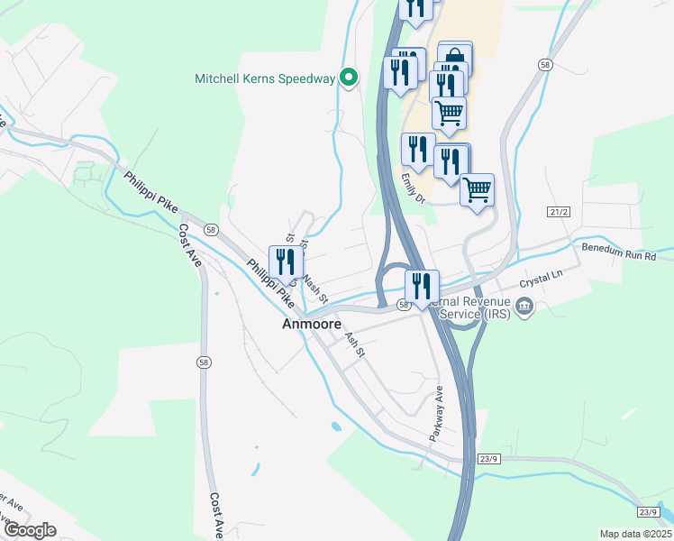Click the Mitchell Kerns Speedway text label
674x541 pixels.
[x=264, y=78]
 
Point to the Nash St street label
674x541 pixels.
[x=314, y=287]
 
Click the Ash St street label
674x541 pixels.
[x=354, y=344]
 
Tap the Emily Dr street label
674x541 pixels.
[x=412, y=188]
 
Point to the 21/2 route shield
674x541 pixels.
[x=559, y=212]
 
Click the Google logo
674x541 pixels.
[x=30, y=530]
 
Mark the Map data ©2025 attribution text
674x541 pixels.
[x=635, y=534]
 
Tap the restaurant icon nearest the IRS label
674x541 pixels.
[x=422, y=286]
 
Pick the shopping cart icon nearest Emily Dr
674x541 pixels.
[x=477, y=189]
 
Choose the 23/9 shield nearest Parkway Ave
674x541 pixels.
[x=488, y=459]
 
